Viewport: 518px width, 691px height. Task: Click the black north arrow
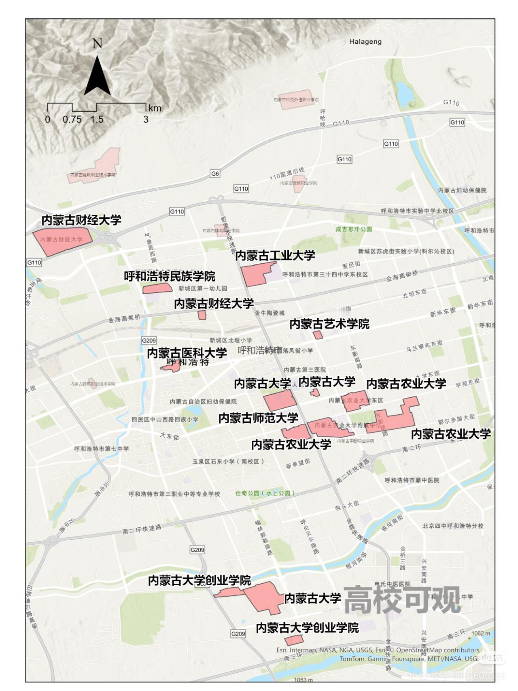click(x=97, y=77)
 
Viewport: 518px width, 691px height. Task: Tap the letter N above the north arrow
click(x=97, y=43)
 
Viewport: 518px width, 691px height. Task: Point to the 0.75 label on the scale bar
click(x=72, y=119)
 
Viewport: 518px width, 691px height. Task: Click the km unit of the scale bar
click(x=155, y=108)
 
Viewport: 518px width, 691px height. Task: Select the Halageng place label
click(x=365, y=41)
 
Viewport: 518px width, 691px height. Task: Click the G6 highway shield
click(x=215, y=174)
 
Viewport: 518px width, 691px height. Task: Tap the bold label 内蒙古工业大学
click(x=275, y=256)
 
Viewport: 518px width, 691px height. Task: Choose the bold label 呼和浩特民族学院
click(x=170, y=277)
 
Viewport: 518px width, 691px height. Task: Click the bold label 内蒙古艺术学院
click(x=329, y=324)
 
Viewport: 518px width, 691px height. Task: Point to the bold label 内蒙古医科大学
click(x=187, y=353)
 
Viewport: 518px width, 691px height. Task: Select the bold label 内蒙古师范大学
click(x=259, y=418)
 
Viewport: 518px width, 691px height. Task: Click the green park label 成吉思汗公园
click(x=354, y=229)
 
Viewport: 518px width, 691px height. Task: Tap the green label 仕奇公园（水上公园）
click(x=265, y=493)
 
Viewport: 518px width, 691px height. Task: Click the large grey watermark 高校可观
click(x=402, y=600)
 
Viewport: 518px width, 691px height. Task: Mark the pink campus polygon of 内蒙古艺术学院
click(x=318, y=335)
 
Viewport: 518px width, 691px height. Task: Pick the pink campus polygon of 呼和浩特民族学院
click(x=157, y=288)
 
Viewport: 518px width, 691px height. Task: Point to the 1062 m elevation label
click(x=481, y=633)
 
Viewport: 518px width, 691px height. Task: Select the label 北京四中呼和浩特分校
click(x=453, y=526)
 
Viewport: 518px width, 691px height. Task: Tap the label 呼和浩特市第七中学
click(x=102, y=449)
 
